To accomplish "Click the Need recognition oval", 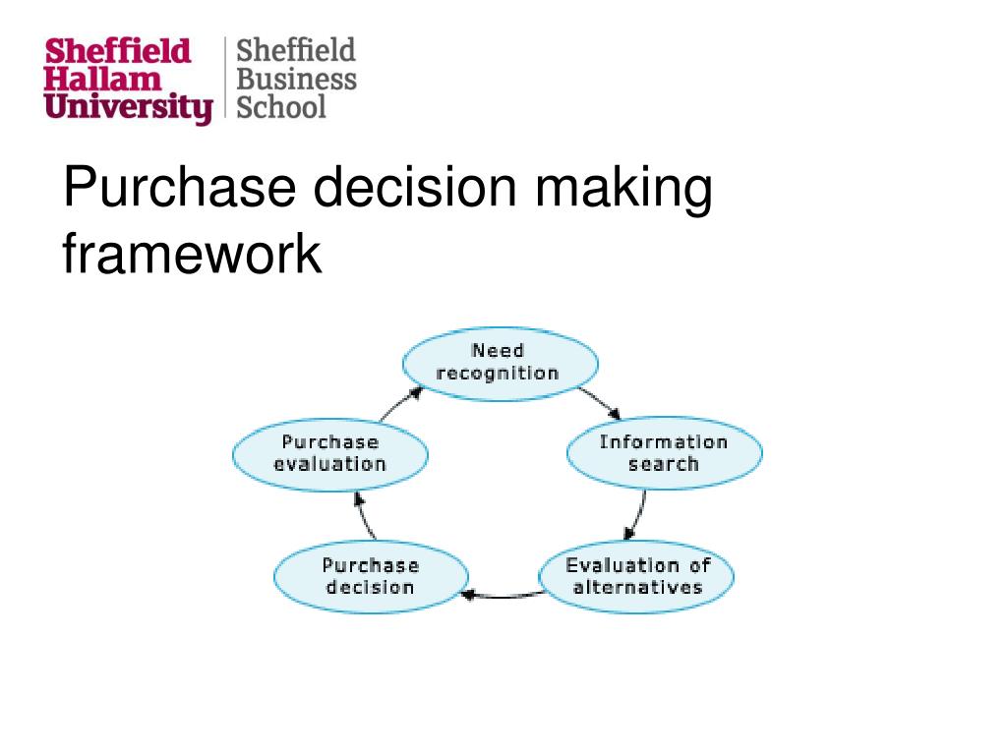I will coord(500,363).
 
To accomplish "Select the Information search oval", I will coord(664,453).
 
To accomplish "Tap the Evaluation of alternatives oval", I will coord(636,576).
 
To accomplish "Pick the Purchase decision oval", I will coord(370,576).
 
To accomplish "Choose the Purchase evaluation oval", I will coord(329,453).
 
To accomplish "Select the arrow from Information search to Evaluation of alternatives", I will coord(638,515).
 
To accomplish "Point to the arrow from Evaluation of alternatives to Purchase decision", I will coord(502,595).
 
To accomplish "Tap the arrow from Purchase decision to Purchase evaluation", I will coord(364,515).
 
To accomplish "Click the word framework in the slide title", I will coord(192,255).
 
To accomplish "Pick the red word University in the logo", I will coord(129,106).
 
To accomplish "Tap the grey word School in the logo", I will coord(281,105).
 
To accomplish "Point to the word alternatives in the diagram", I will coord(638,588).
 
